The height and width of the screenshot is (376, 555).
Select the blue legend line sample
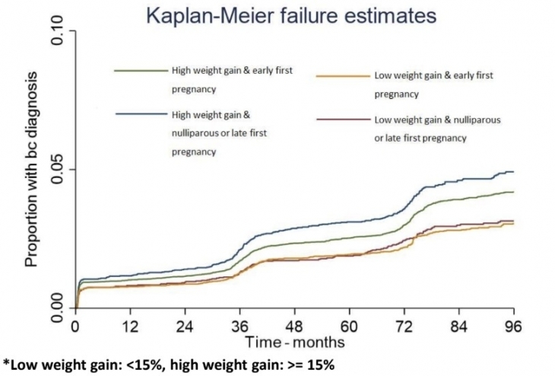coord(140,114)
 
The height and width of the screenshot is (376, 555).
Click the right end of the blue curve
coord(513,172)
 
